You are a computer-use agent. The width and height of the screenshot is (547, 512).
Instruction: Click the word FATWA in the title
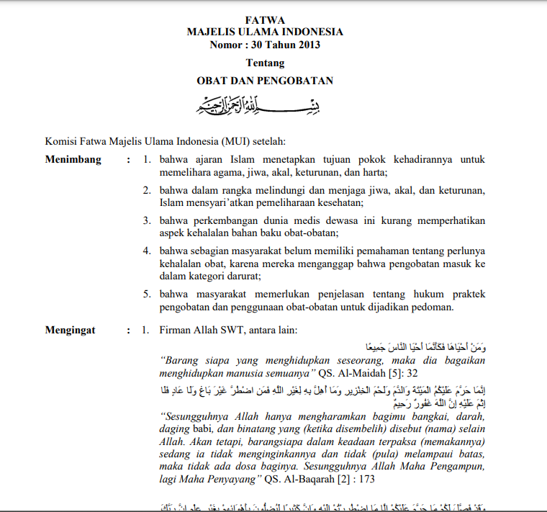pyautogui.click(x=265, y=20)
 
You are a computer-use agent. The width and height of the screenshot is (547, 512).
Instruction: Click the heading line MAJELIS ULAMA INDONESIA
pyautogui.click(x=265, y=32)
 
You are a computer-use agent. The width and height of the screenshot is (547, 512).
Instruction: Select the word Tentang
pyautogui.click(x=265, y=63)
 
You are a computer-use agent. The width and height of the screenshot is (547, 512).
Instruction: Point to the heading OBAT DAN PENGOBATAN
pyautogui.click(x=265, y=81)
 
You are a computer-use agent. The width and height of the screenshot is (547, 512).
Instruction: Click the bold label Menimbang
pyautogui.click(x=73, y=159)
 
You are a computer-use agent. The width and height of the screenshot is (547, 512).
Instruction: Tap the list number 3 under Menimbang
pyautogui.click(x=145, y=220)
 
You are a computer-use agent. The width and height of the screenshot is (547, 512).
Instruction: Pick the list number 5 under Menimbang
pyautogui.click(x=145, y=294)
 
